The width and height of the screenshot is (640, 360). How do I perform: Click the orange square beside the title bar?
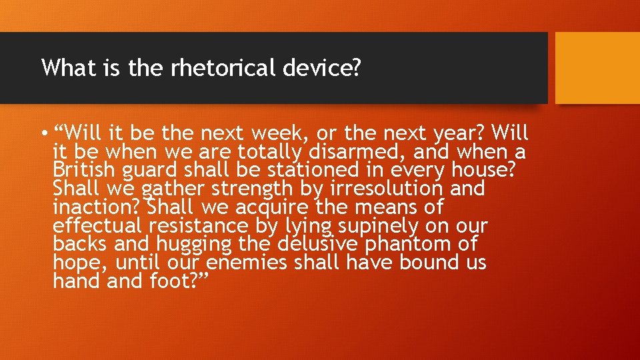pos(597,68)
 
